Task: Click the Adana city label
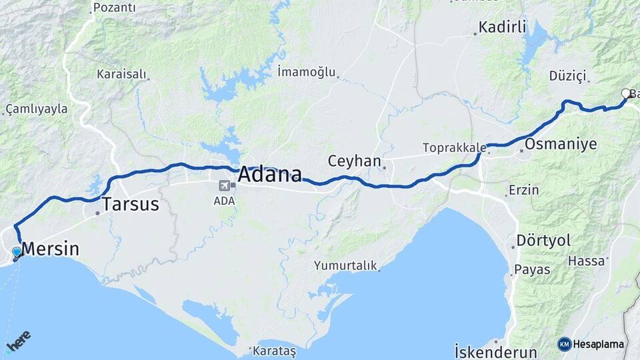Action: tap(270, 175)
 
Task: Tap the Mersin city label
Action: tap(51, 249)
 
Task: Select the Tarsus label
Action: tap(130, 204)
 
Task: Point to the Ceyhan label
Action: tap(354, 161)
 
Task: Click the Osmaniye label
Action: tap(561, 144)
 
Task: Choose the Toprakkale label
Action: tap(450, 147)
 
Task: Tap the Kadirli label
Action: tap(503, 28)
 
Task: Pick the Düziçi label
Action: tap(567, 75)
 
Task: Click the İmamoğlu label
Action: tap(306, 71)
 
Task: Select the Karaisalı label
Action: tap(121, 74)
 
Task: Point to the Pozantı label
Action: tap(114, 8)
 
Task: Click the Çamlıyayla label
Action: tap(37, 108)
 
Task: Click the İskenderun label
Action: tap(495, 351)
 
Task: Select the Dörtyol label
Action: tap(544, 241)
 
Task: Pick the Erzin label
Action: tap(523, 190)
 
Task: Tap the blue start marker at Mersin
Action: tap(17, 252)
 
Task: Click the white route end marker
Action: tap(625, 93)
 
